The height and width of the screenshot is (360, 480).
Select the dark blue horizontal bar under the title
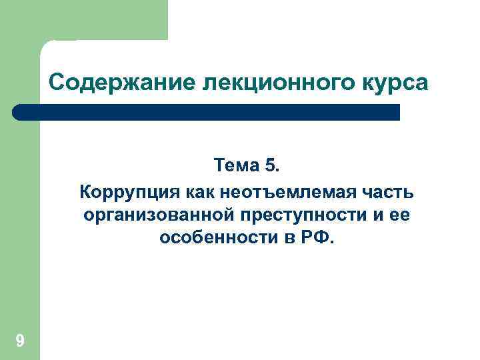[213, 112]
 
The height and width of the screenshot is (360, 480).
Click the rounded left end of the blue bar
[19, 112]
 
